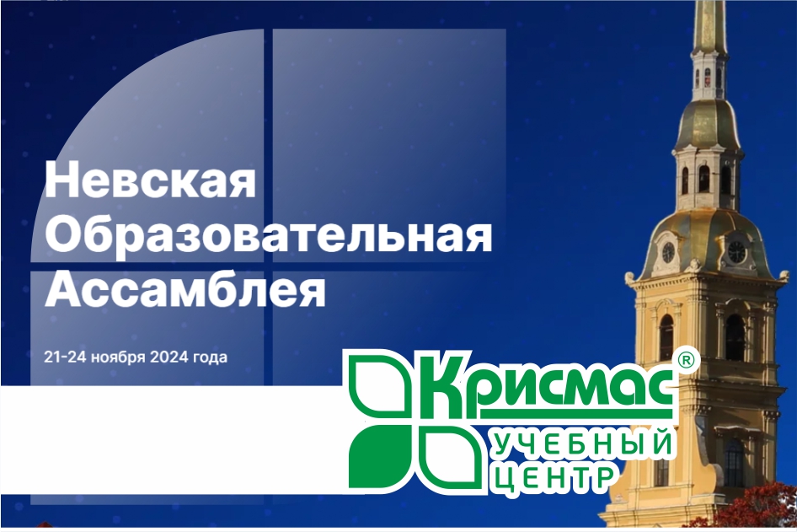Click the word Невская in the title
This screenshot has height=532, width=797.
pyautogui.click(x=150, y=180)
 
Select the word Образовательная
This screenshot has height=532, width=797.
pyautogui.click(x=268, y=235)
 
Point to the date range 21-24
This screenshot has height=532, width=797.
pyautogui.click(x=63, y=357)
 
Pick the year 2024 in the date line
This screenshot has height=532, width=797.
pyautogui.click(x=169, y=357)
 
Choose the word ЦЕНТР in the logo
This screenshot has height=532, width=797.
pyautogui.click(x=551, y=479)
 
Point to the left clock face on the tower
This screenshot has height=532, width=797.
pyautogui.click(x=668, y=252)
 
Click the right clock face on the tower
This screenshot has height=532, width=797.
pyautogui.click(x=736, y=251)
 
